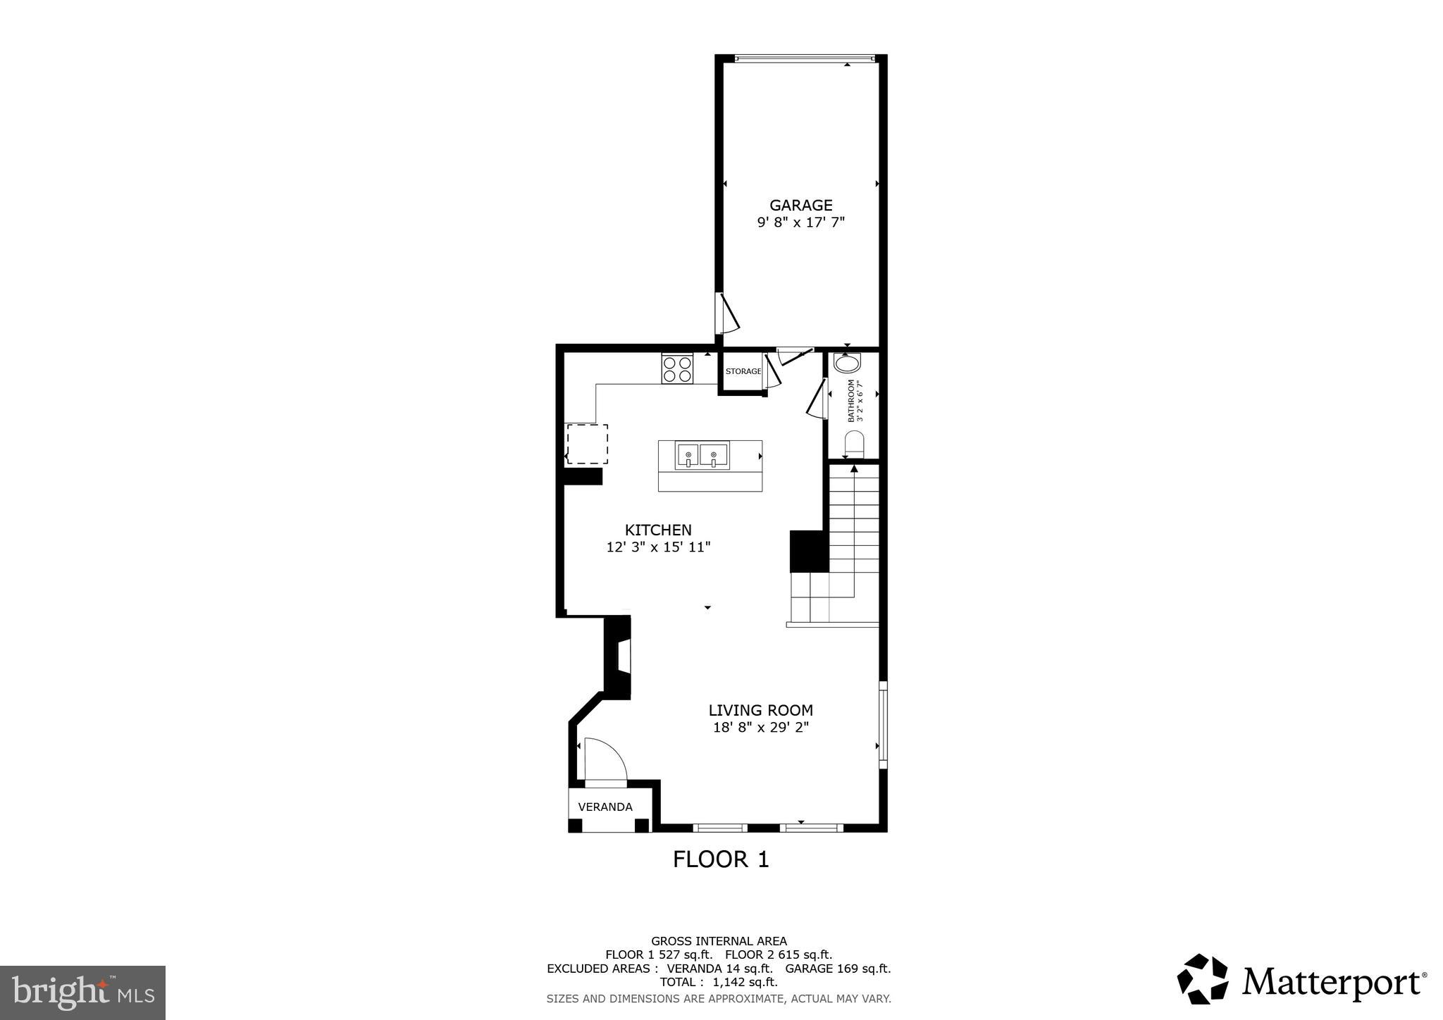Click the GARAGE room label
click(800, 205)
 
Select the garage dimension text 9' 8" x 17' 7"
click(800, 223)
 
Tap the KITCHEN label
click(658, 530)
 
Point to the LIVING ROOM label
click(760, 710)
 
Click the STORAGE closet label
click(743, 371)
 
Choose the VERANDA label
click(605, 807)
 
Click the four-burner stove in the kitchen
click(677, 368)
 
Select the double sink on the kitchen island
click(702, 455)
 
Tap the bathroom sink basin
click(846, 363)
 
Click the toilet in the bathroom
click(854, 444)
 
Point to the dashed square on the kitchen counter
click(587, 444)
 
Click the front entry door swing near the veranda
click(604, 761)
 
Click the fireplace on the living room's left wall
click(619, 657)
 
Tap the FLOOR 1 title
click(720, 859)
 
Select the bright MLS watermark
click(82, 993)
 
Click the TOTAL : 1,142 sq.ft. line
click(718, 982)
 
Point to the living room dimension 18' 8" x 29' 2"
click(760, 728)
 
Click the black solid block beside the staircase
click(808, 551)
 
